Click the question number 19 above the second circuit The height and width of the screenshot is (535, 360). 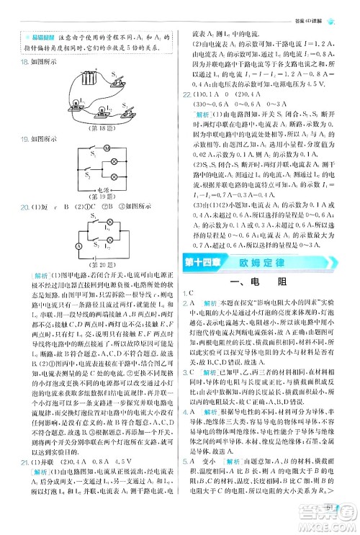[24, 139]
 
